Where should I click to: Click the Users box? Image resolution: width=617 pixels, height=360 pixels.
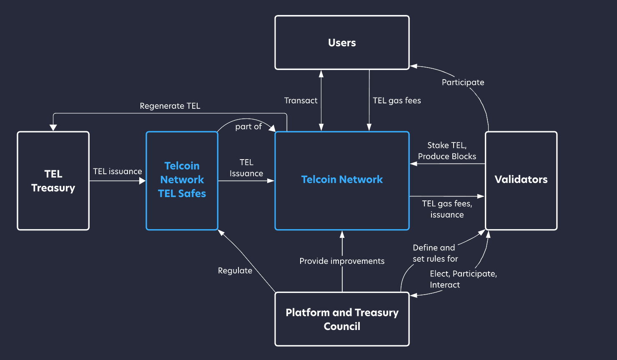342,42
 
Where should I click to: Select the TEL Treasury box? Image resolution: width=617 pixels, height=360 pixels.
53,181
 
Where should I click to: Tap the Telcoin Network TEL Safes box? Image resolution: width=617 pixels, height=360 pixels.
182,180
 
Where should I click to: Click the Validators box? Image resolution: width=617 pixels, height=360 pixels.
521,180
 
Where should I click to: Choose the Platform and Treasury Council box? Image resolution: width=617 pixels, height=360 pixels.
342,319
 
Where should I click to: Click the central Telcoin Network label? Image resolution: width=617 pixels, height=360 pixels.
342,180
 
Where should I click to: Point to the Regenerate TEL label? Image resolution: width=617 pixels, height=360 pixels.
170,106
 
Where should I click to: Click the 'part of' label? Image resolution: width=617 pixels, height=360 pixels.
248,127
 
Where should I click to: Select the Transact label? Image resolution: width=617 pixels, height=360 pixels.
301,100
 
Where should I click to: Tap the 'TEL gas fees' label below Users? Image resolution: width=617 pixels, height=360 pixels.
396,100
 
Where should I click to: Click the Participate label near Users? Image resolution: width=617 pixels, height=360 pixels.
463,82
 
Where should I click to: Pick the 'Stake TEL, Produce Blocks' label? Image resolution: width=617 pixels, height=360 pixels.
447,151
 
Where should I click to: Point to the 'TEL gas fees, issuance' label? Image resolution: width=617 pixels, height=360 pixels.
447,209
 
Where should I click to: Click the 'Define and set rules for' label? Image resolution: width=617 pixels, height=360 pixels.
435,253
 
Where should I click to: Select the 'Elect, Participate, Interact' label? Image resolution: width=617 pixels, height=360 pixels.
463,279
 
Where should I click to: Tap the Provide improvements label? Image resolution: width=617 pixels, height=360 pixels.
342,261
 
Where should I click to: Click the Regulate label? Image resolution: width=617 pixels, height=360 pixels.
235,271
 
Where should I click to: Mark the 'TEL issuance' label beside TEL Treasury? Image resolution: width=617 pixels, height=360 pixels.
117,171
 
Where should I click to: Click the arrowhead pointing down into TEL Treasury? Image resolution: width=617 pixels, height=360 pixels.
53,128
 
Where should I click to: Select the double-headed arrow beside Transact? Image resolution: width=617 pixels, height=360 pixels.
321,100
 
